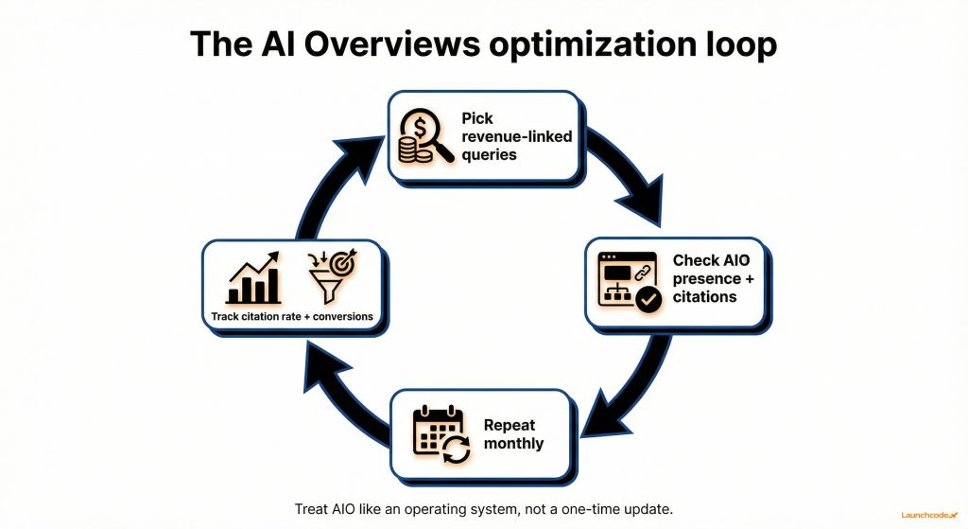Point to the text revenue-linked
click(x=516, y=136)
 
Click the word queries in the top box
click(x=489, y=154)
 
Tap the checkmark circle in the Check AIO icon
click(x=648, y=300)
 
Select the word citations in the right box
click(x=704, y=296)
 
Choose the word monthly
click(x=513, y=443)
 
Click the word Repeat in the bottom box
click(x=510, y=425)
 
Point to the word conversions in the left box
click(x=332, y=316)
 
